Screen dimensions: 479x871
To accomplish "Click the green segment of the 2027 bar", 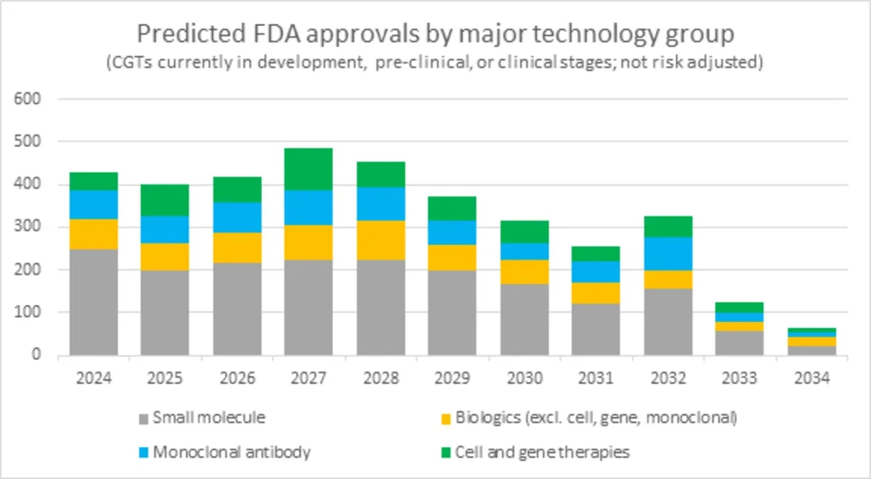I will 308,169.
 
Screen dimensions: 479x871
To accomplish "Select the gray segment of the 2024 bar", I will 94,302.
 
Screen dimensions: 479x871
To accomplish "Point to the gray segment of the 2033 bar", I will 740,343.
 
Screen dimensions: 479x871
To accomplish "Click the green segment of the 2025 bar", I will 165,200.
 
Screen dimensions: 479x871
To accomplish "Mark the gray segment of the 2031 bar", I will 596,329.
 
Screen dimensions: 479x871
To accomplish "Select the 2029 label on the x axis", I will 452,378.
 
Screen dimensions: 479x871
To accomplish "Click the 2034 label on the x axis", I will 811,378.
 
